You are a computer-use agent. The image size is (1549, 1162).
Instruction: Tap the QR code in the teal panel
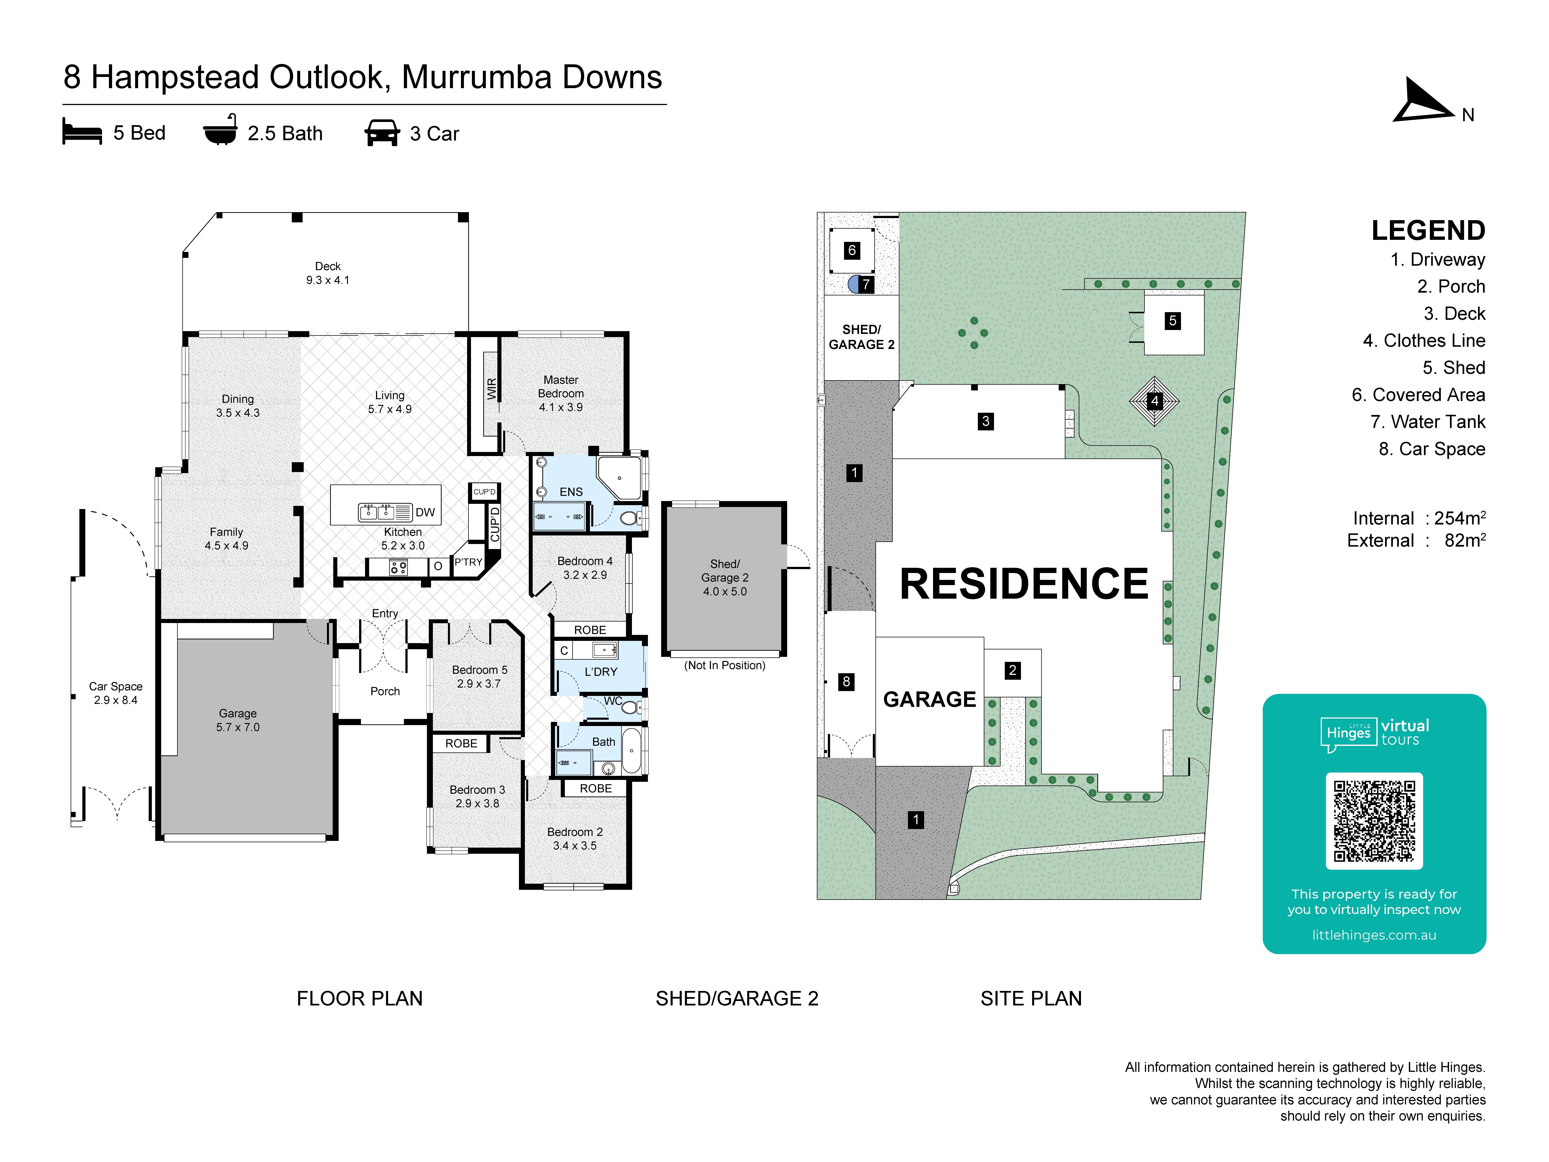tap(1374, 821)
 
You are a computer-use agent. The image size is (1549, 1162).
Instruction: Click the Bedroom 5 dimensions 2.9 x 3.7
tap(479, 684)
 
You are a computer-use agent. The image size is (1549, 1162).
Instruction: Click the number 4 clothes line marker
tap(1154, 401)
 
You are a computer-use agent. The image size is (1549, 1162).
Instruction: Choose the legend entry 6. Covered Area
tap(1418, 395)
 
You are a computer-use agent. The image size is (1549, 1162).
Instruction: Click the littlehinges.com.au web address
tap(1374, 935)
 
